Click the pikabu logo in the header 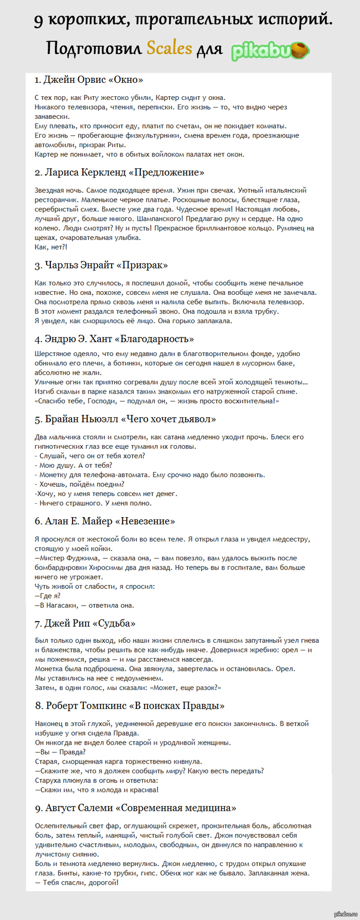(x=271, y=51)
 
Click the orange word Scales (x=169, y=48)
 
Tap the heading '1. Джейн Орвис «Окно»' (x=88, y=80)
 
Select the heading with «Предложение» (x=119, y=172)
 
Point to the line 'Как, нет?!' (x=51, y=247)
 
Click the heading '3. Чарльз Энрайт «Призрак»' (x=101, y=266)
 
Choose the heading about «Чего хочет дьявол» (x=125, y=419)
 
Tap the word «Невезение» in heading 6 (x=145, y=521)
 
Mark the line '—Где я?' (x=48, y=596)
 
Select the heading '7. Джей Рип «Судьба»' (x=85, y=624)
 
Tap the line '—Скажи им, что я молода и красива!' (x=97, y=790)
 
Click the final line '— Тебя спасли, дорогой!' (x=77, y=882)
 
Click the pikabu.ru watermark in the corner (x=345, y=914)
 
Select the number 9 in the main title (x=39, y=21)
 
